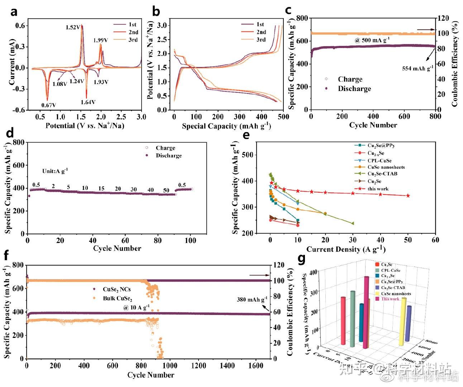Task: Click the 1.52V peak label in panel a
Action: (73, 27)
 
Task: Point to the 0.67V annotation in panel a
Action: (49, 105)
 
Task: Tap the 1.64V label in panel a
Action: (88, 102)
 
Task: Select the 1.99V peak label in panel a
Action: (101, 40)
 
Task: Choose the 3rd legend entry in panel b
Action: (261, 39)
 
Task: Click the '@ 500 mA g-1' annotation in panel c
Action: (372, 40)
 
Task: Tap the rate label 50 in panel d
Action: (166, 190)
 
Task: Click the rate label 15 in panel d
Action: (101, 188)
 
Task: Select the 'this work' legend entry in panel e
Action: (378, 188)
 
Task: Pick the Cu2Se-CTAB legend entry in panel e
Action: (382, 174)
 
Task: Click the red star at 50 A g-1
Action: (408, 196)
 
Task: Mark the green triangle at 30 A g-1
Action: (353, 223)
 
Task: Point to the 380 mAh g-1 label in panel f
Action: (252, 300)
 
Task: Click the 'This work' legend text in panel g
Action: (390, 299)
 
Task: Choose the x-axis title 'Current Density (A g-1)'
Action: (346, 249)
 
